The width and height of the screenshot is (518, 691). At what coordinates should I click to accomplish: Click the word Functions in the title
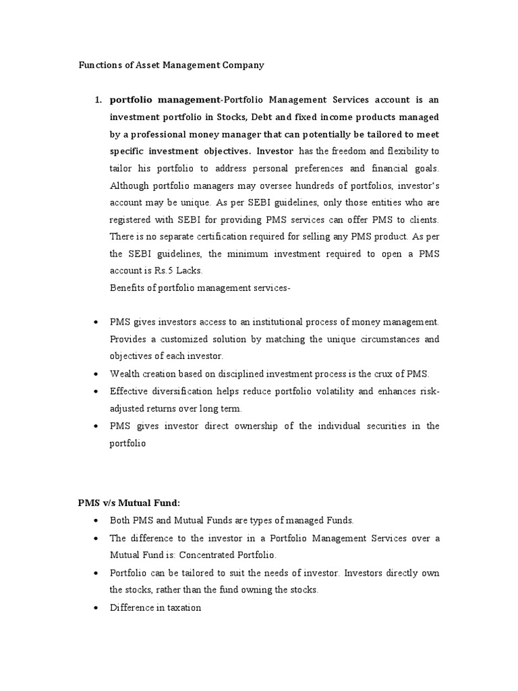(x=95, y=65)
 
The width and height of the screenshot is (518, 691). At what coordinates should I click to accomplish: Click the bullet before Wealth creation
(x=96, y=374)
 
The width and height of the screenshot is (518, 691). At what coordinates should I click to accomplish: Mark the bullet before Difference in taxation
(x=96, y=607)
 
